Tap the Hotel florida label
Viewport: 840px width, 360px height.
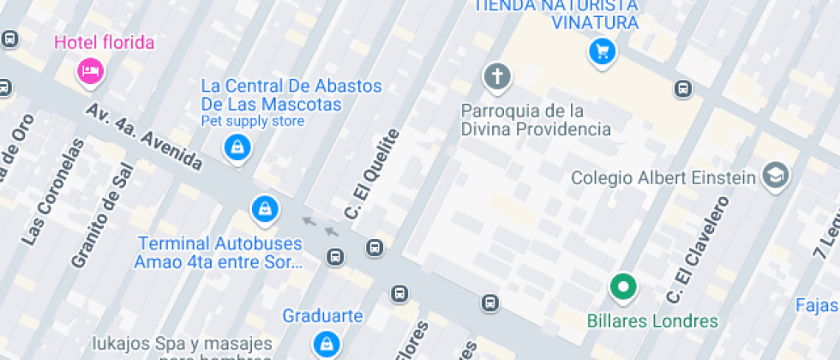[x=105, y=42]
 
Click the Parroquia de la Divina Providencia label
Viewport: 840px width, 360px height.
[x=536, y=120]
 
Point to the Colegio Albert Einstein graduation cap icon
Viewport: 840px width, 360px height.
[x=777, y=175]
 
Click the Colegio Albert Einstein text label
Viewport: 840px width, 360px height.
[x=663, y=177]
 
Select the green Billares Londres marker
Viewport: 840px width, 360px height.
[x=623, y=287]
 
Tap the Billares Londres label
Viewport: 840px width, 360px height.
[x=652, y=321]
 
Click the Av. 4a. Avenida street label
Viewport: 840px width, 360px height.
[x=144, y=137]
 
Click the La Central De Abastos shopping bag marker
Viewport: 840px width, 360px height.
[x=236, y=148]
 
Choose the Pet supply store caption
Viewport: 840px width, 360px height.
[x=253, y=122]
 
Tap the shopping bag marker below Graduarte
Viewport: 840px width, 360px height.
[x=325, y=344]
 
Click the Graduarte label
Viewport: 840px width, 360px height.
[x=322, y=315]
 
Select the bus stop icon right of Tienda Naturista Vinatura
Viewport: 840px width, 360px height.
[x=683, y=88]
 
